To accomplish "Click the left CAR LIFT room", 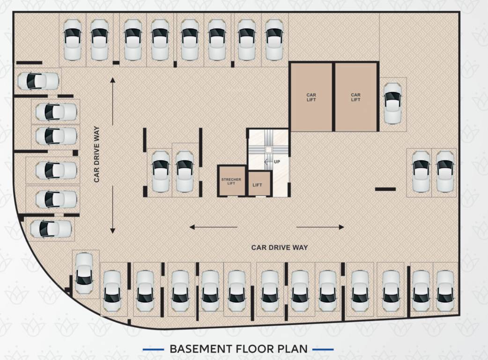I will tap(311, 97).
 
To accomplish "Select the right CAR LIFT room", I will tap(355, 97).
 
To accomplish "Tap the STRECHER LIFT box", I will tap(231, 180).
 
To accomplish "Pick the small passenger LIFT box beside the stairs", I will tap(258, 184).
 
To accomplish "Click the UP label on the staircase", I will tap(276, 162).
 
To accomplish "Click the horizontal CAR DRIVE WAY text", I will tap(280, 247).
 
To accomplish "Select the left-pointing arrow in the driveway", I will tap(213, 227).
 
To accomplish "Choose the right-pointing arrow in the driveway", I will tap(320, 227).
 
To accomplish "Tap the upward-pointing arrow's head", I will tap(112, 81).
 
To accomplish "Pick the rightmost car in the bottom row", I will tap(445, 291).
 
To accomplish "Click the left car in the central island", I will tap(160, 171).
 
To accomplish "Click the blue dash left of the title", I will tap(153, 349).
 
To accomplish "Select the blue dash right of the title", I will tap(322, 349).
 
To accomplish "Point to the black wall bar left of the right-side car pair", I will tap(385, 189).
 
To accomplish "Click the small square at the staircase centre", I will tap(268, 150).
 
